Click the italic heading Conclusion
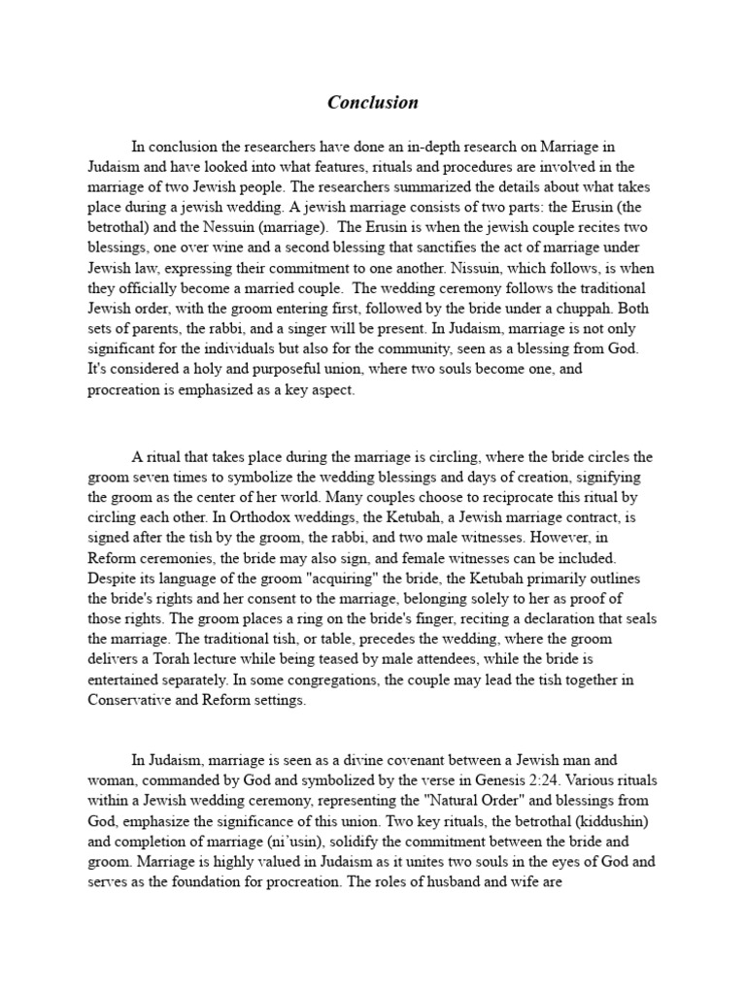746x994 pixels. pos(372,102)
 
